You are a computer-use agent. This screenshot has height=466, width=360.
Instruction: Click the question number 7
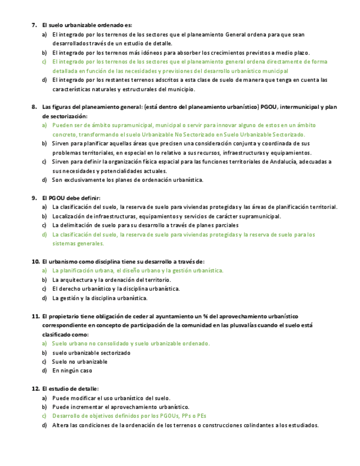point(34,25)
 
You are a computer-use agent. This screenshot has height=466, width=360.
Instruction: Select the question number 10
point(35,262)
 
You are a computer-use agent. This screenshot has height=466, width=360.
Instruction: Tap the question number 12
point(35,389)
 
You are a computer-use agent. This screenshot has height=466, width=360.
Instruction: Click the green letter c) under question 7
point(45,62)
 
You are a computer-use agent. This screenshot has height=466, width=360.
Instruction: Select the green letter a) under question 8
point(45,125)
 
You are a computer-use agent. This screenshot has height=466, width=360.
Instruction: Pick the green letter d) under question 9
point(45,234)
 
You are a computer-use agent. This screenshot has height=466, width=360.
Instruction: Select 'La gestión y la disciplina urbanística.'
point(99,298)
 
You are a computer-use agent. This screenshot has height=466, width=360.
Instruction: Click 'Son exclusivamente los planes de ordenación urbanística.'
point(128,180)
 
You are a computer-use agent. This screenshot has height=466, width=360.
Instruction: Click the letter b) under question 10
point(45,280)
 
